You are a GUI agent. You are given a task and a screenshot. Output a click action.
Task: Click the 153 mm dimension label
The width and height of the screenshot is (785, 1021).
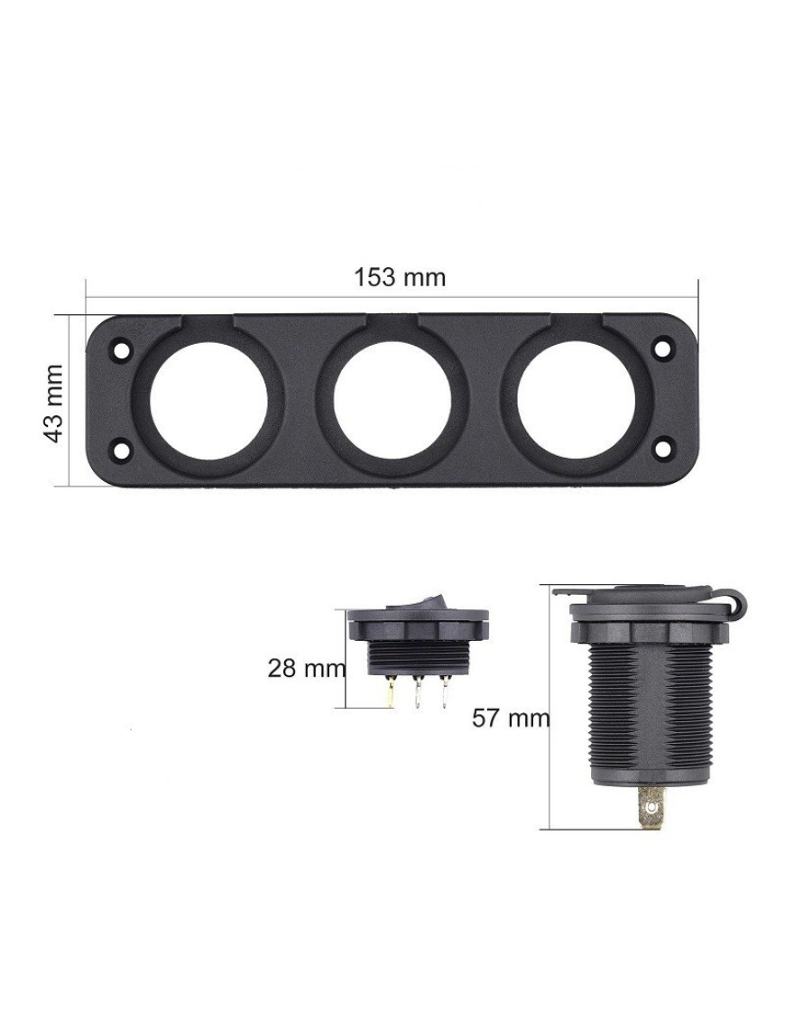tap(400, 277)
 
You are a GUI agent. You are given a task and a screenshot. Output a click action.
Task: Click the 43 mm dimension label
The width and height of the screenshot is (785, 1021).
tap(54, 404)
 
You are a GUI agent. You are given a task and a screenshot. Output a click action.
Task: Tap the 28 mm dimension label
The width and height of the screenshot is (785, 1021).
tap(307, 668)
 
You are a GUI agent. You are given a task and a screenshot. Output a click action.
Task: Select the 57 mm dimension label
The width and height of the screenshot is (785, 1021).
tap(511, 719)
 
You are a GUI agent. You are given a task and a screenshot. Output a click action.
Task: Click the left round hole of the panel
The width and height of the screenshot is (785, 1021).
tap(209, 399)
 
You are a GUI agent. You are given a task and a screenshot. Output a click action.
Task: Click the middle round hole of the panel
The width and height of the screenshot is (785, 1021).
tap(392, 399)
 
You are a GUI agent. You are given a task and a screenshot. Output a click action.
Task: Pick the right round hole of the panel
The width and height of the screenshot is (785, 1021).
tap(576, 399)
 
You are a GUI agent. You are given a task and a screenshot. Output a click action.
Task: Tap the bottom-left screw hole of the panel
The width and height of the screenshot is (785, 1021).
tap(121, 449)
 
